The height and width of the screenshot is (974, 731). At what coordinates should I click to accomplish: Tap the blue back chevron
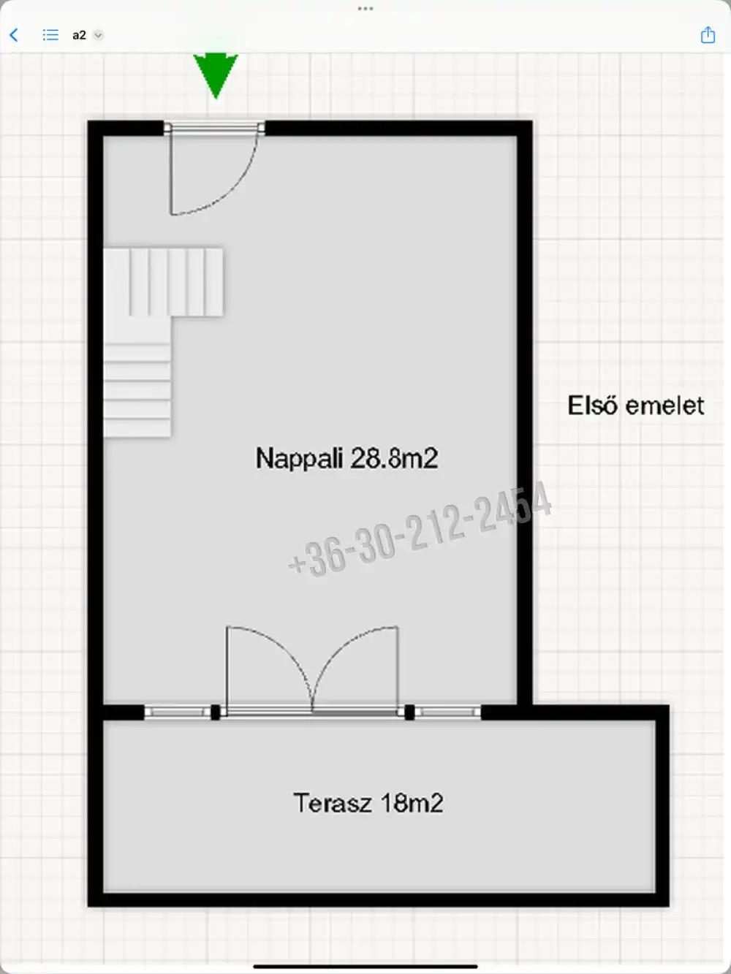[x=14, y=35]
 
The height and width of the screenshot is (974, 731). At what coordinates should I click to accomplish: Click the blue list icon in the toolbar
[x=50, y=35]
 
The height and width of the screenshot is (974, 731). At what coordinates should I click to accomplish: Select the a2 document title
[x=79, y=35]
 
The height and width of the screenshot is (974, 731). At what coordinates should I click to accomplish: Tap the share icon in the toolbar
[x=708, y=34]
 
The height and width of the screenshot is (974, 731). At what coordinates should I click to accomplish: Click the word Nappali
[x=299, y=458]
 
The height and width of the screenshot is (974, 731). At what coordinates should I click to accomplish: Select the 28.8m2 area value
[x=394, y=458]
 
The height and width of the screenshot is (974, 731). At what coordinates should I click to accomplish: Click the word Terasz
[x=332, y=803]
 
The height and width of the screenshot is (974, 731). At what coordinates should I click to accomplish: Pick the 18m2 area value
[x=412, y=803]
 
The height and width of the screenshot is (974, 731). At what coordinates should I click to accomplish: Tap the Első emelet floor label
[x=635, y=405]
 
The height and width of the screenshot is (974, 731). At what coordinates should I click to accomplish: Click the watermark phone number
[x=420, y=529]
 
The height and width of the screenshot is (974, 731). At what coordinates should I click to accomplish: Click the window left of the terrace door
[x=177, y=712]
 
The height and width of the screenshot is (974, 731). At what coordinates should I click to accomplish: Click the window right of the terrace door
[x=448, y=712]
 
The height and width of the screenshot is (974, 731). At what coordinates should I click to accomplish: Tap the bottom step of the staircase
[x=137, y=429]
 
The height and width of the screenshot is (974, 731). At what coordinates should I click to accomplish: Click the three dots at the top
[x=365, y=9]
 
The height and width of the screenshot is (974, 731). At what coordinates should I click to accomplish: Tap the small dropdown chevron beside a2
[x=98, y=35]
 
